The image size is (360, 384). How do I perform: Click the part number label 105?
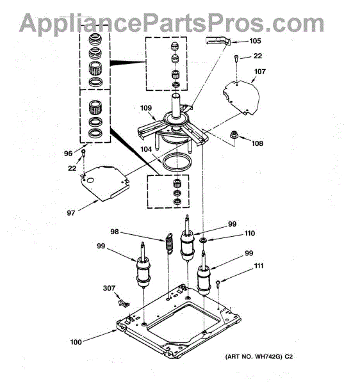pos(255,41)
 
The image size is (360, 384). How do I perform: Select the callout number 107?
pos(260,72)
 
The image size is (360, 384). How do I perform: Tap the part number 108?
pos(258,143)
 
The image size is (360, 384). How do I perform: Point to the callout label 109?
pos(146,108)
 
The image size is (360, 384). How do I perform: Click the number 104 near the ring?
pos(146,149)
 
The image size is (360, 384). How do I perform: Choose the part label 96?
pos(68,154)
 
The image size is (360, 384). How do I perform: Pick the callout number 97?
pos(71,213)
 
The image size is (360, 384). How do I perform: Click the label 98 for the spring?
pos(115,232)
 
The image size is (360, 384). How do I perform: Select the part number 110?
pos(249,233)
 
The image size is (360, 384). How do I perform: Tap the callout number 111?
pos(259,266)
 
